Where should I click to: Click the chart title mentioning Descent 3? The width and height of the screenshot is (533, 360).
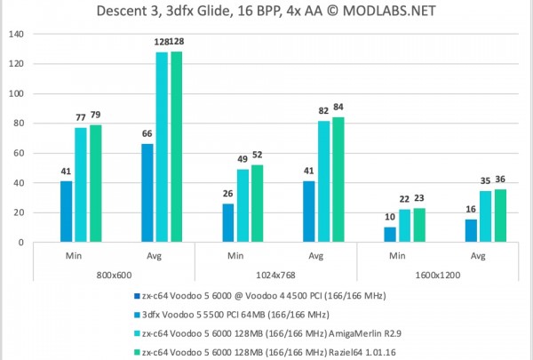click(x=266, y=12)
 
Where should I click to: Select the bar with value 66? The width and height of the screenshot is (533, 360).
click(x=147, y=193)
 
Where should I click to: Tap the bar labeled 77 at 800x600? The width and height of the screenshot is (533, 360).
click(x=81, y=185)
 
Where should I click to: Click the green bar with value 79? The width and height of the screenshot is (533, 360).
click(x=95, y=183)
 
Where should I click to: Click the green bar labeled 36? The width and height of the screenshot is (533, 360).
click(x=500, y=215)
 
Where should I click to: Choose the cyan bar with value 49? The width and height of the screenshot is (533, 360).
click(x=243, y=205)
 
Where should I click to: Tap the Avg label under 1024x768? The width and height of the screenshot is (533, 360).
click(x=316, y=257)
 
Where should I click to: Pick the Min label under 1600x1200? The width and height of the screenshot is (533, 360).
click(x=397, y=257)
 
